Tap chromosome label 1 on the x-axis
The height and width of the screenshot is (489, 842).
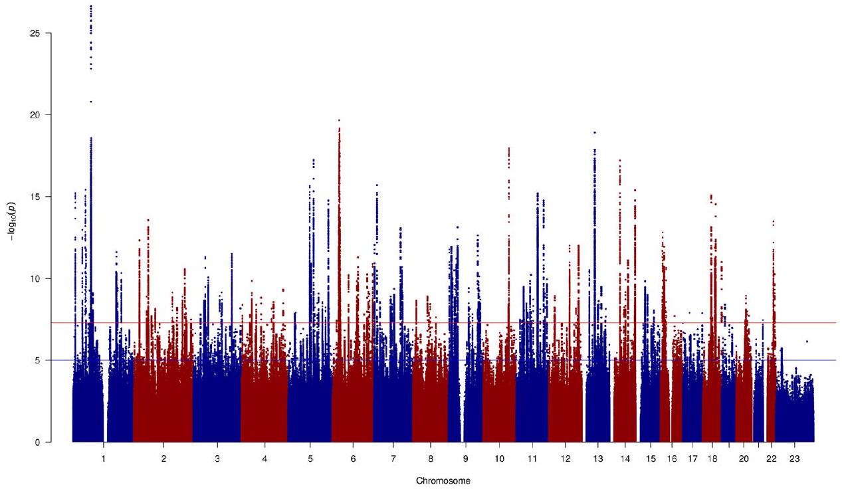(x=104, y=459)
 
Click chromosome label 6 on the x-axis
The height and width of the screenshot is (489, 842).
(x=352, y=459)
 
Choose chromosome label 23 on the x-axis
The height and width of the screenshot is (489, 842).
(x=795, y=459)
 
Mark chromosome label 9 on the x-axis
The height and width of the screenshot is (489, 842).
(x=465, y=459)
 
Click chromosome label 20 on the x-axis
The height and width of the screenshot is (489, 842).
(x=744, y=459)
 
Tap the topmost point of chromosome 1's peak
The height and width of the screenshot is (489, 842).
(x=90, y=6)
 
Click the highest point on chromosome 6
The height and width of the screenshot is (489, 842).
(x=339, y=120)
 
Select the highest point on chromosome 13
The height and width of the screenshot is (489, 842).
(x=595, y=132)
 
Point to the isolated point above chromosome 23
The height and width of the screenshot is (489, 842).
(x=807, y=342)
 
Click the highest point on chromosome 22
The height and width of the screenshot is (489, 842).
(x=774, y=221)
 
